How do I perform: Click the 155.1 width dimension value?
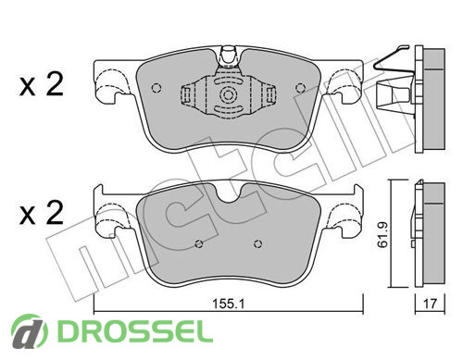pyautogui.click(x=228, y=304)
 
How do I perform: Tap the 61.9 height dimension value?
pyautogui.click(x=382, y=234)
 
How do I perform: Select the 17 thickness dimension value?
pyautogui.click(x=430, y=304)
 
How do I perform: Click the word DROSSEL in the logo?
pyautogui.click(x=135, y=332)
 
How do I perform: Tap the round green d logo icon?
pyautogui.click(x=30, y=332)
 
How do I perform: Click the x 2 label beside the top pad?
pyautogui.click(x=42, y=84)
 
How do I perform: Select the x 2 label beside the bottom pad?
pyautogui.click(x=42, y=213)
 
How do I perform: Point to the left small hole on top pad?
pyautogui.click(x=156, y=88)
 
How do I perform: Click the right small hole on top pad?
pyautogui.click(x=300, y=88)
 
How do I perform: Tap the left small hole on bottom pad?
pyautogui.click(x=199, y=244)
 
